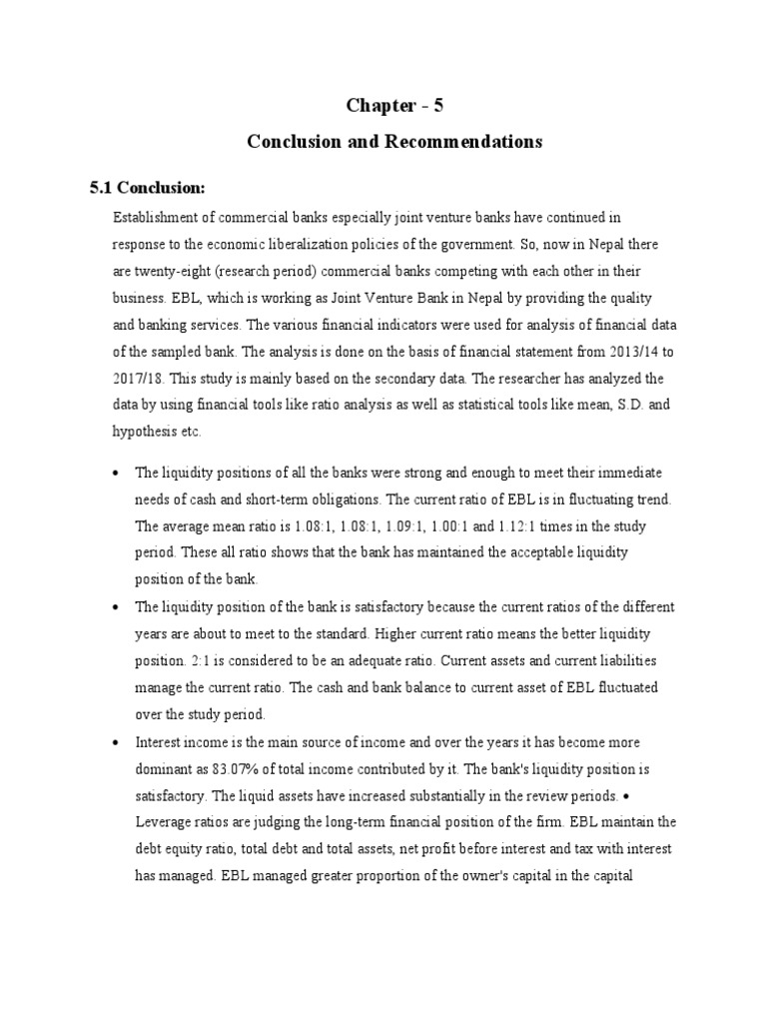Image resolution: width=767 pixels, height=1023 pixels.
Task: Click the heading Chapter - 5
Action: click(394, 106)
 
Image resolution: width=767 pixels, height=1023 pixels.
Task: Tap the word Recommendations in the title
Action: click(470, 142)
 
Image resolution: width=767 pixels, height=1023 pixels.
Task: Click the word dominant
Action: click(166, 770)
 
